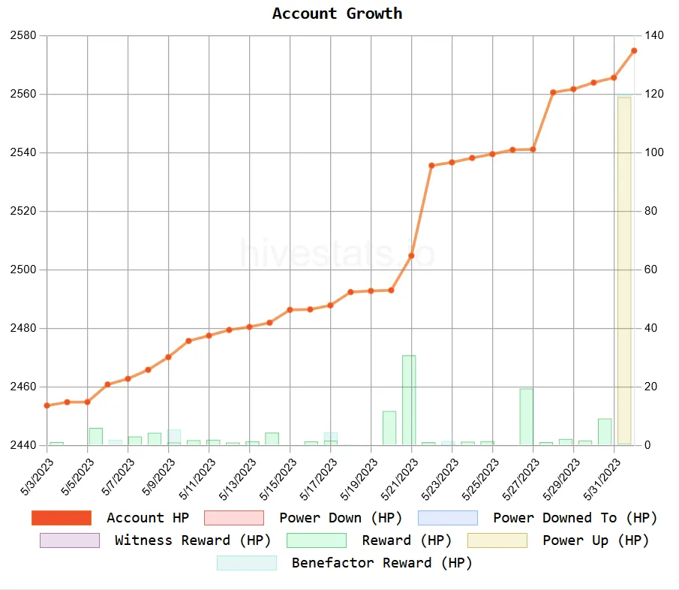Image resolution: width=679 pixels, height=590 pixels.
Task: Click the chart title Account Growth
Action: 337,14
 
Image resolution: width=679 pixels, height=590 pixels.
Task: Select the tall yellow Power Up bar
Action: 624,270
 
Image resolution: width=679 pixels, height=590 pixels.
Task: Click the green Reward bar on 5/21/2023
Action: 409,399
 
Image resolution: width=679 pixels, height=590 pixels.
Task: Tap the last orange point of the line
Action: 634,50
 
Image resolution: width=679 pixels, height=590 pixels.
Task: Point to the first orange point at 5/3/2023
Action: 47,405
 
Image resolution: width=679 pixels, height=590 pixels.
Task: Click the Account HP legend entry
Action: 147,518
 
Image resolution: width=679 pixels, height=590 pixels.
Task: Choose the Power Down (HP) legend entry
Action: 341,518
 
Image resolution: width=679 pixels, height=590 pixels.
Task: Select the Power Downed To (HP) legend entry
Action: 575,518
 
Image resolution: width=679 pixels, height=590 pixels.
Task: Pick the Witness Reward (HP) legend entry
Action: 193,540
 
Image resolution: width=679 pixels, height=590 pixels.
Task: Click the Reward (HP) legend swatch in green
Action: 316,540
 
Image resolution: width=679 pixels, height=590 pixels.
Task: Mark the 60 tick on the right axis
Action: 650,269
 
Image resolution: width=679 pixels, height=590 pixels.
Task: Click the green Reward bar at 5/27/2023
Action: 527,417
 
